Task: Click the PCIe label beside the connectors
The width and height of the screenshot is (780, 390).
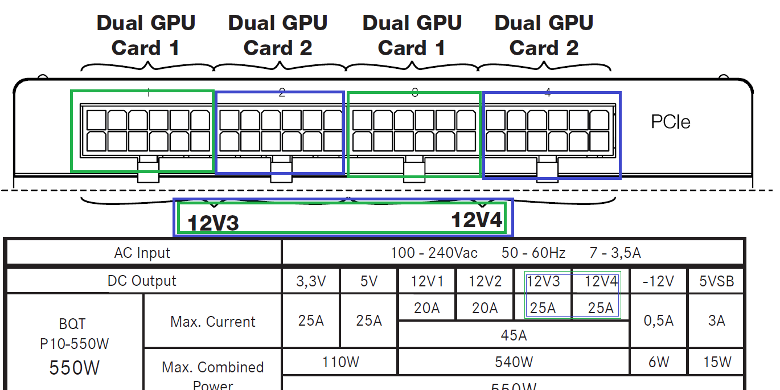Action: pyautogui.click(x=670, y=122)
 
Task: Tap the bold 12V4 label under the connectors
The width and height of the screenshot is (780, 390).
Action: pyautogui.click(x=477, y=220)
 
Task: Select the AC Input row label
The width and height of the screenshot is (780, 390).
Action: pyautogui.click(x=142, y=253)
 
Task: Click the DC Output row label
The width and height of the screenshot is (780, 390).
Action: pyautogui.click(x=142, y=281)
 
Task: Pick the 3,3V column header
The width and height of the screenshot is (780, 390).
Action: pyautogui.click(x=311, y=281)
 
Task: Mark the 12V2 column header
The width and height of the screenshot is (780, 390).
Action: pyautogui.click(x=485, y=281)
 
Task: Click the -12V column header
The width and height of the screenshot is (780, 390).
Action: pyautogui.click(x=658, y=281)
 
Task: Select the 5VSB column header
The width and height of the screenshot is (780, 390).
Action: pyautogui.click(x=716, y=281)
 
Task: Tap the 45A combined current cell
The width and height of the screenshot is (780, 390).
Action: pyautogui.click(x=514, y=335)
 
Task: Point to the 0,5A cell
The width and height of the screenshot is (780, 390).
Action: pyautogui.click(x=658, y=321)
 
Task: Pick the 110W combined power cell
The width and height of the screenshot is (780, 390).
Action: pyautogui.click(x=340, y=362)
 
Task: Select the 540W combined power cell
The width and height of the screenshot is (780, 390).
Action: pyautogui.click(x=514, y=362)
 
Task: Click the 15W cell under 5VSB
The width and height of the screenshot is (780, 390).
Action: pyautogui.click(x=716, y=362)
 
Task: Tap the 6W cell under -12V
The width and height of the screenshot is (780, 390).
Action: pyautogui.click(x=658, y=362)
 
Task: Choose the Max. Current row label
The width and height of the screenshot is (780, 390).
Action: pyautogui.click(x=213, y=322)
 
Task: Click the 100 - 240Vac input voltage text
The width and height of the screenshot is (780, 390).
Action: pyautogui.click(x=434, y=253)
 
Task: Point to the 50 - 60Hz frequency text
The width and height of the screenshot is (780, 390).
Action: pyautogui.click(x=534, y=253)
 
